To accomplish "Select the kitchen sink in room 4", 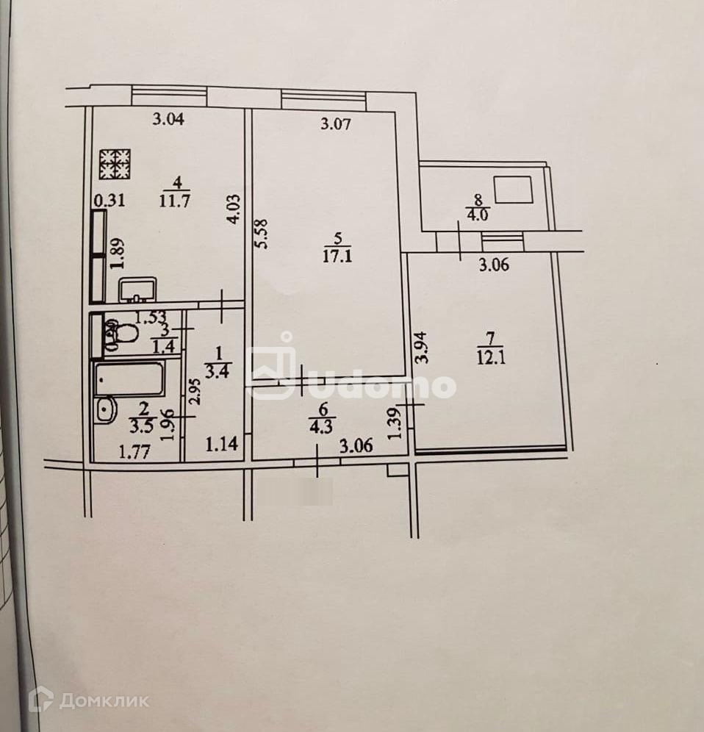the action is pos(137,290).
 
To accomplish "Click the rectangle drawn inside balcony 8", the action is pos(514,190).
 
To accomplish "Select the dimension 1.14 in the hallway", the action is pos(220,444).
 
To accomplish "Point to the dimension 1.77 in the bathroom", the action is pos(134,452).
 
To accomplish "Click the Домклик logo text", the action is pos(104,700).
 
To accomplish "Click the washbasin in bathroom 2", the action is pos(105,410).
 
